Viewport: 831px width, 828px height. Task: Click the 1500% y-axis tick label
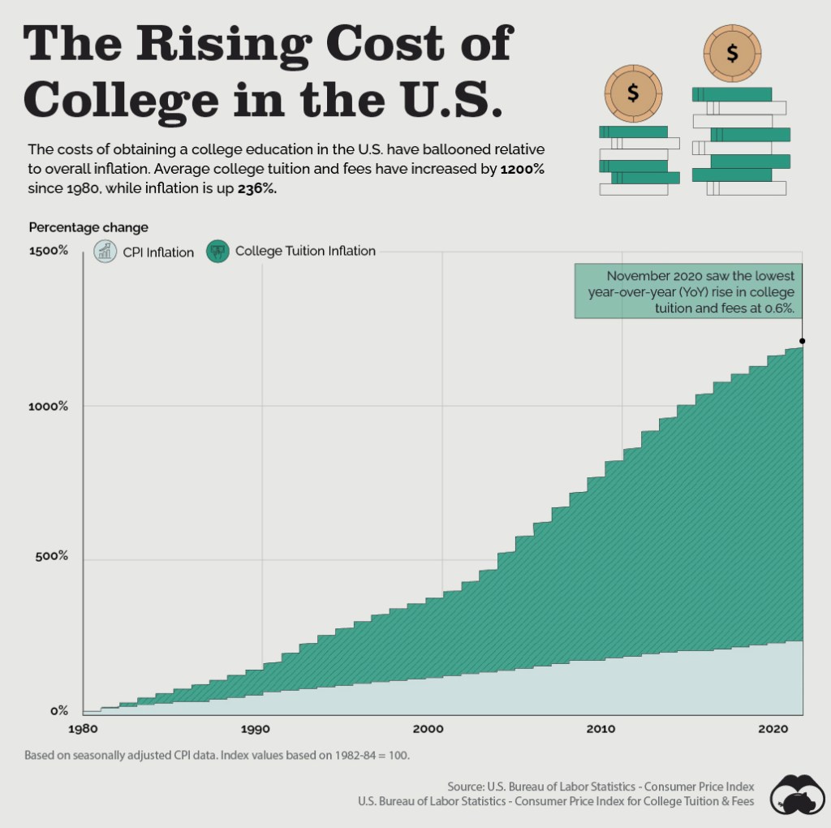(49, 251)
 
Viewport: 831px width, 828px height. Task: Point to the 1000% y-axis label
(49, 406)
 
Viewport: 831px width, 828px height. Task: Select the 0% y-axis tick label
(59, 711)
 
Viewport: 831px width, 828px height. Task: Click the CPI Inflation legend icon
(105, 251)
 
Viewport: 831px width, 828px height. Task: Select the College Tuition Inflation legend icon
(217, 251)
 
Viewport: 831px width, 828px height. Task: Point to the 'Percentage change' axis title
(88, 227)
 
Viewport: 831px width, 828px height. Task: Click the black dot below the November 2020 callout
(802, 341)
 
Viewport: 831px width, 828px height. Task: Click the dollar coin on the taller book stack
(733, 54)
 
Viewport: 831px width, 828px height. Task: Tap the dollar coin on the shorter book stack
(633, 93)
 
